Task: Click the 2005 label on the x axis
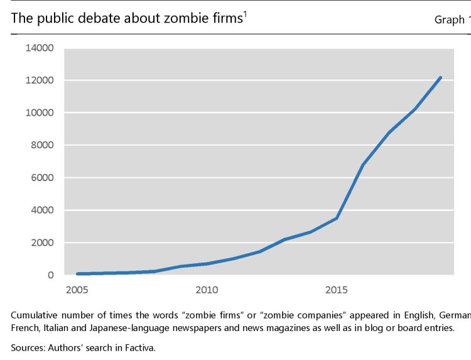(x=77, y=290)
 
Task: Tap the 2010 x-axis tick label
(x=207, y=290)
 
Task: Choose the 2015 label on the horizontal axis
(x=337, y=290)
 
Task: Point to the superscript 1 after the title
(x=244, y=14)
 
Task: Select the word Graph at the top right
(x=448, y=19)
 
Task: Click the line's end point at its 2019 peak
(x=441, y=77)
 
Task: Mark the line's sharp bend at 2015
(x=337, y=218)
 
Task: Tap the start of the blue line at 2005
(x=77, y=274)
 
